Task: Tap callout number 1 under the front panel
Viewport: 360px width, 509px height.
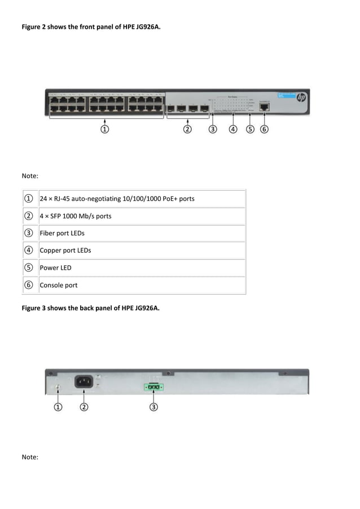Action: (104, 129)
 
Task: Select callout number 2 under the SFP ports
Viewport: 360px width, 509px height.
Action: (187, 129)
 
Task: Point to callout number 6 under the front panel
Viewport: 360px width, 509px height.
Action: (264, 129)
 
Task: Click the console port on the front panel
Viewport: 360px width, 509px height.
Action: (264, 106)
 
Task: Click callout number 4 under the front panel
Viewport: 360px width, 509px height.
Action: (233, 129)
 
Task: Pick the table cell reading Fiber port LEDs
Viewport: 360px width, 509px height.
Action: (62, 233)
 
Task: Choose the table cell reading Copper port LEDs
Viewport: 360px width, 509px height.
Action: (65, 250)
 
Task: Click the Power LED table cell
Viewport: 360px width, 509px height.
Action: (55, 267)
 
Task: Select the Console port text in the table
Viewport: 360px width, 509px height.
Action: (59, 285)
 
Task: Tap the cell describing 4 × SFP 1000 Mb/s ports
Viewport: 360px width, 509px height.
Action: (76, 216)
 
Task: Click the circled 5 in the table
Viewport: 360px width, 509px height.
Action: (28, 267)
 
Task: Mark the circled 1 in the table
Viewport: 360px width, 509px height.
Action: (28, 199)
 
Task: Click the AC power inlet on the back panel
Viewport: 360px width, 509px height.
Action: (84, 381)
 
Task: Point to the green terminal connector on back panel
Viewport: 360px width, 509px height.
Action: (153, 387)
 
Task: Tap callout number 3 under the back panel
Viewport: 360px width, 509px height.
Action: (153, 406)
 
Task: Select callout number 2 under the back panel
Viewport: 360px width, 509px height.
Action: (84, 406)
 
